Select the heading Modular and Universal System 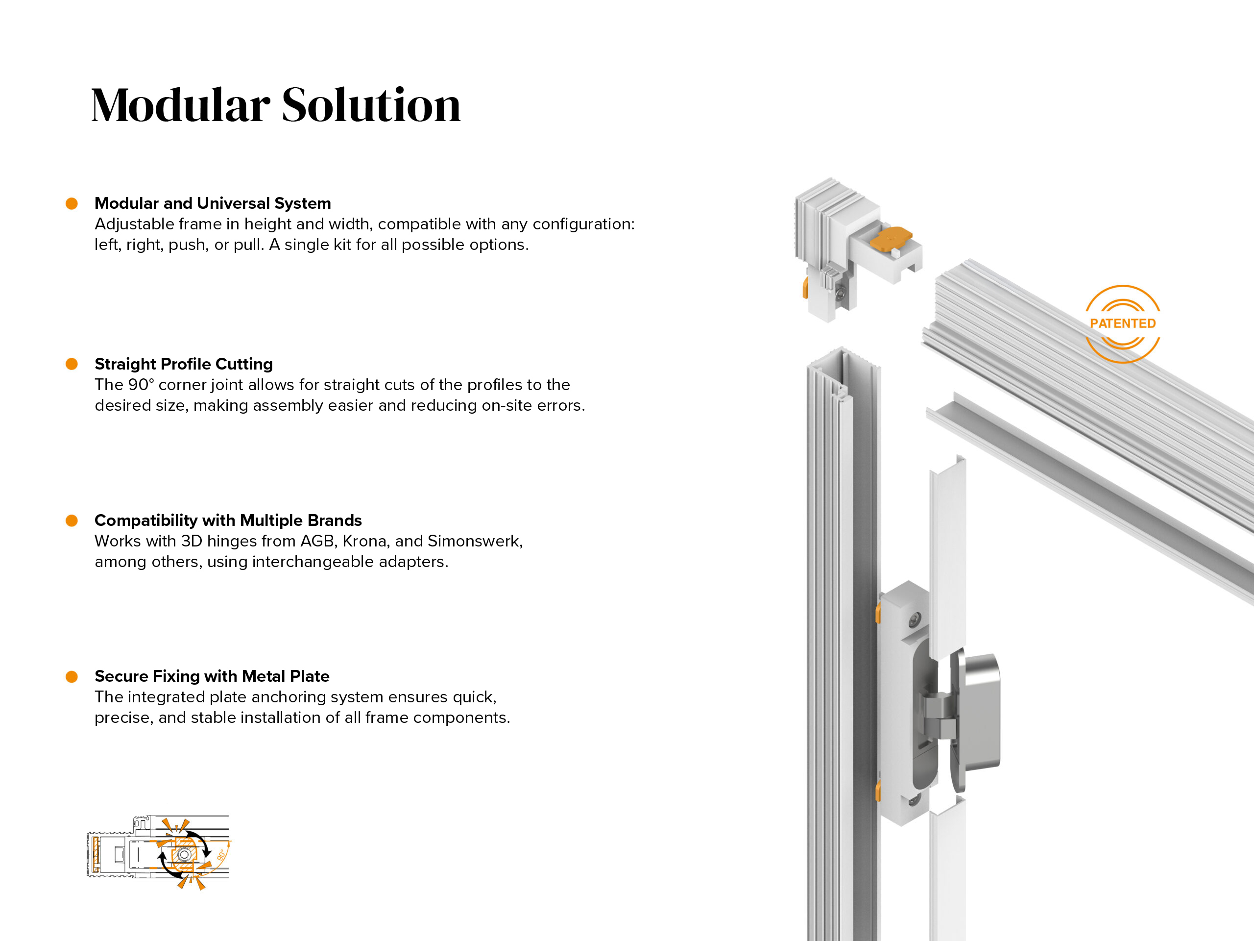[x=213, y=203]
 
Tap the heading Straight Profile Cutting [x=184, y=364]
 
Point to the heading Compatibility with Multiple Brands [x=228, y=520]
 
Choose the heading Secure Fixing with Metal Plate [x=212, y=676]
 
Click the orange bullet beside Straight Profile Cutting [x=72, y=364]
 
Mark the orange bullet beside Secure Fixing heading [x=72, y=676]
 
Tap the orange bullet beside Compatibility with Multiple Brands [x=72, y=520]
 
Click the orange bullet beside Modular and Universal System [x=72, y=203]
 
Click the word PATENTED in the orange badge [x=1123, y=323]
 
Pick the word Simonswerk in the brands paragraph [x=475, y=541]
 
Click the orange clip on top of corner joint [x=891, y=238]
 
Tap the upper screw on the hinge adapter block [x=915, y=619]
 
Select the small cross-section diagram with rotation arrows [x=159, y=852]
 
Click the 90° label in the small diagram [x=222, y=854]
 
